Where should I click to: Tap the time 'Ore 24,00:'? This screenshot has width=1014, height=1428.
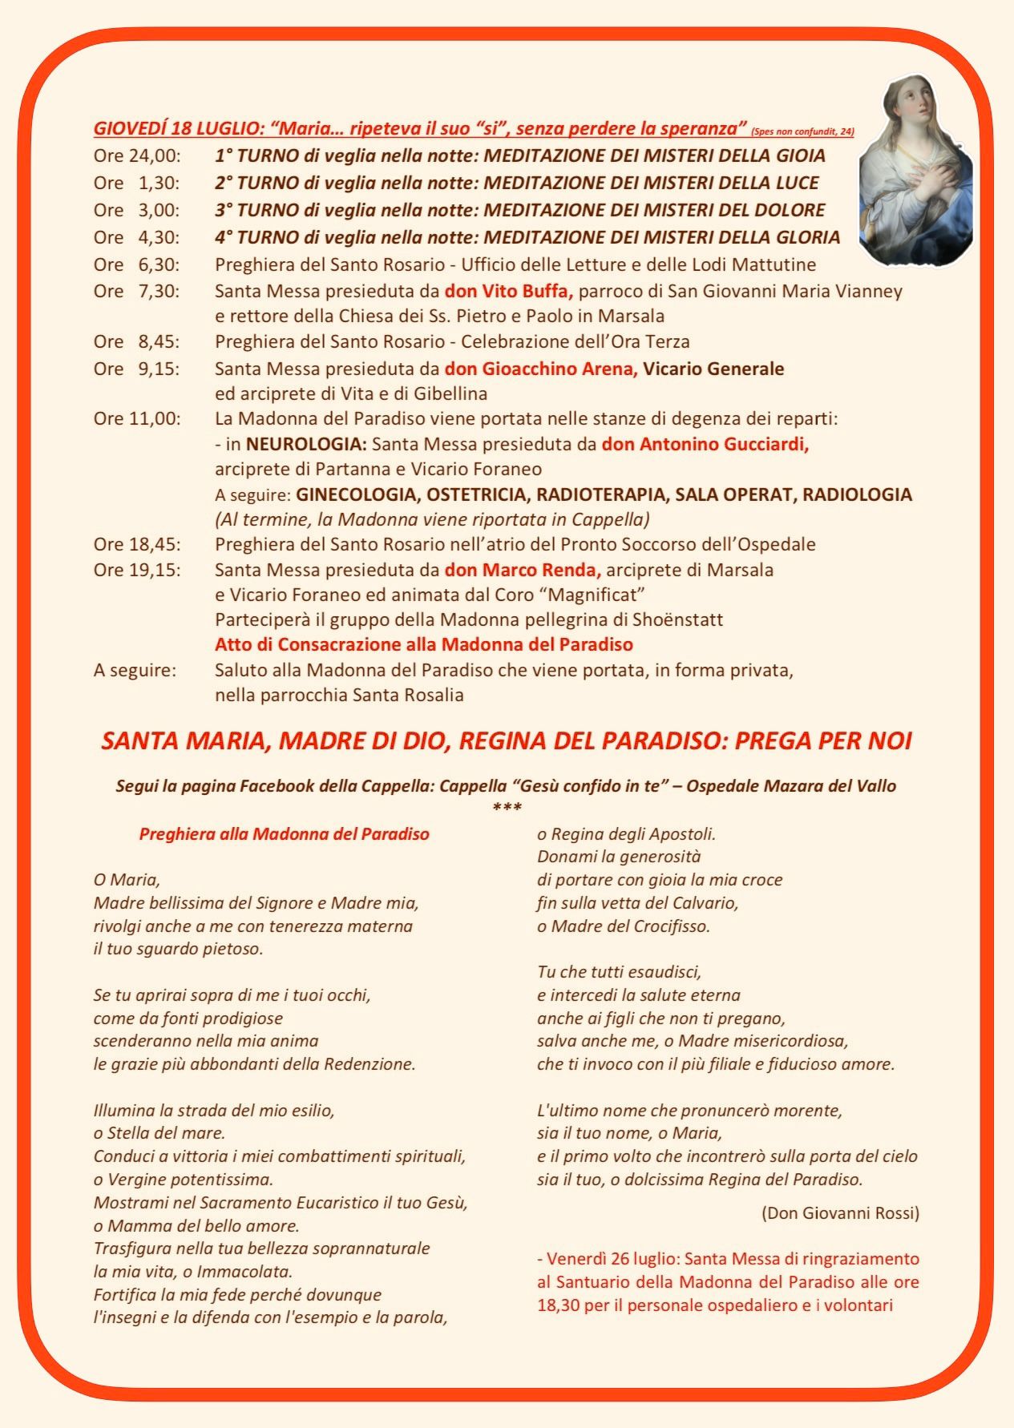click(137, 155)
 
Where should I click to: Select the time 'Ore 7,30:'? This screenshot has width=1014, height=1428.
click(137, 291)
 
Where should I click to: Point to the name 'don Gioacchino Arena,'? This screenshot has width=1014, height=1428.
click(541, 369)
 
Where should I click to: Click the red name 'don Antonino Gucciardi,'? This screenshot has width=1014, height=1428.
click(705, 444)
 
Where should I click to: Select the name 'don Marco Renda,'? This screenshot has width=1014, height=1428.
click(523, 570)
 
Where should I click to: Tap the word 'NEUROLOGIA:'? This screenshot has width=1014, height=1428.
click(306, 444)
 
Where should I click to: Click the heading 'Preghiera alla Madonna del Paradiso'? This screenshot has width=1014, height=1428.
click(284, 834)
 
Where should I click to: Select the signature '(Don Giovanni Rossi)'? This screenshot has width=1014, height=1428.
click(840, 1212)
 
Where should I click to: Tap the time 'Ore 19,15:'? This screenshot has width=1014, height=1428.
click(137, 570)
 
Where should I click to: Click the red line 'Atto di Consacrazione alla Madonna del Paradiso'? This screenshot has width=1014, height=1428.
click(423, 644)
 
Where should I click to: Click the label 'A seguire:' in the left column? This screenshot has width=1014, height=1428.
click(135, 670)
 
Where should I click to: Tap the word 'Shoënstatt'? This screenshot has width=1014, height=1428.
click(677, 619)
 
